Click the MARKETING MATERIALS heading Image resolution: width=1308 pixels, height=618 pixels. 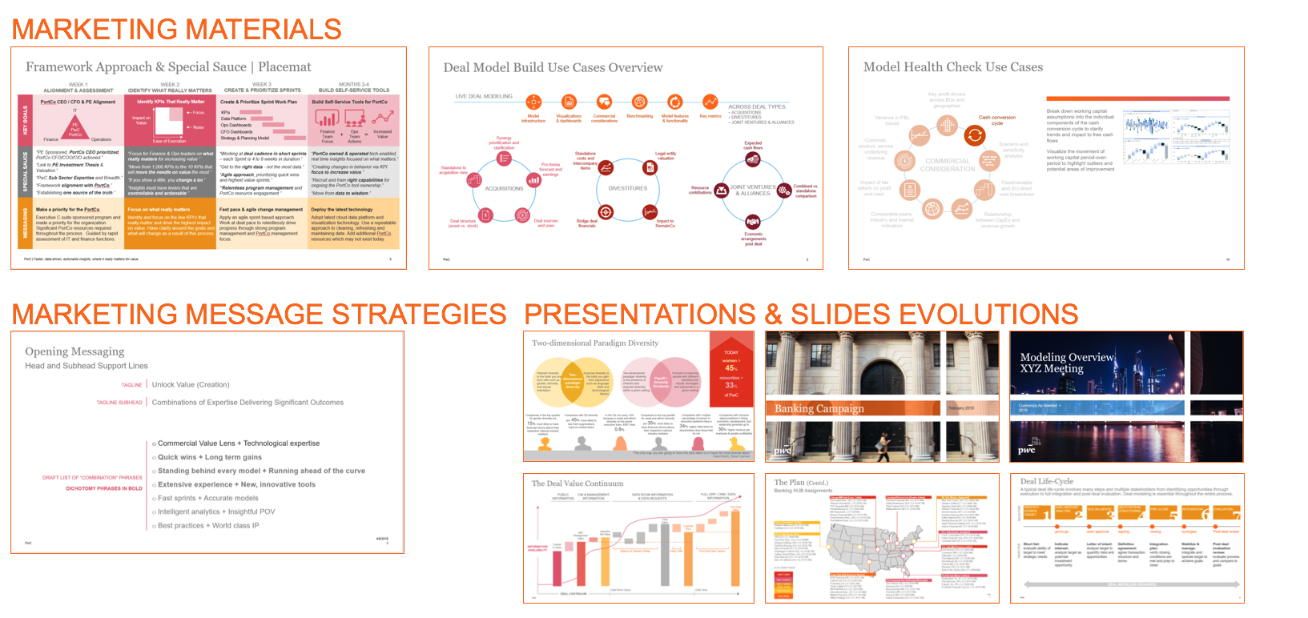pos(176,30)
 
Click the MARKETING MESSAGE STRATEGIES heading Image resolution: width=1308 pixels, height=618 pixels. pos(259,314)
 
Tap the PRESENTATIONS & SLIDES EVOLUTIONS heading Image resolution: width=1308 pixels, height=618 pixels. pos(800,314)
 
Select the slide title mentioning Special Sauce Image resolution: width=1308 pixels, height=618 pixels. pos(168,67)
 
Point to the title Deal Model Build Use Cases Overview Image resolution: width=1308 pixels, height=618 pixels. pos(553,68)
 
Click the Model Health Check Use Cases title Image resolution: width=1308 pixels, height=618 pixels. pos(952,67)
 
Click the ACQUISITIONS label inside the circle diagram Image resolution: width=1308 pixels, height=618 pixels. pos(504,189)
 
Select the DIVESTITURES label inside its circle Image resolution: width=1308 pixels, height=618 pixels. pos(627,189)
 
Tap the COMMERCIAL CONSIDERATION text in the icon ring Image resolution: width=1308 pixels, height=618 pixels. pos(948,165)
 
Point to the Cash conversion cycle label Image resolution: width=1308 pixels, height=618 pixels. pos(996,120)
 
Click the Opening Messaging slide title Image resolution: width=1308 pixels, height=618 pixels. pos(74,351)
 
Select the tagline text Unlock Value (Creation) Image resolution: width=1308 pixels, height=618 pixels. pos(191,385)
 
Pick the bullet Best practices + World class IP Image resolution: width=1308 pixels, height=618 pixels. pos(208,526)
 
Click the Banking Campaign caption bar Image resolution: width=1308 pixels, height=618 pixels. pos(819,408)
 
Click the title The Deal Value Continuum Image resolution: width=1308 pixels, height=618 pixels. pos(577,484)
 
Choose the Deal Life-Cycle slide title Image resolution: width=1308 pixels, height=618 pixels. pos(1046,481)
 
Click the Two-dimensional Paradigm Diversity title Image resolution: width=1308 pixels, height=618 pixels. pos(594,343)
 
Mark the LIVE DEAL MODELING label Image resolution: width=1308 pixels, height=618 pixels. pos(484,97)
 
